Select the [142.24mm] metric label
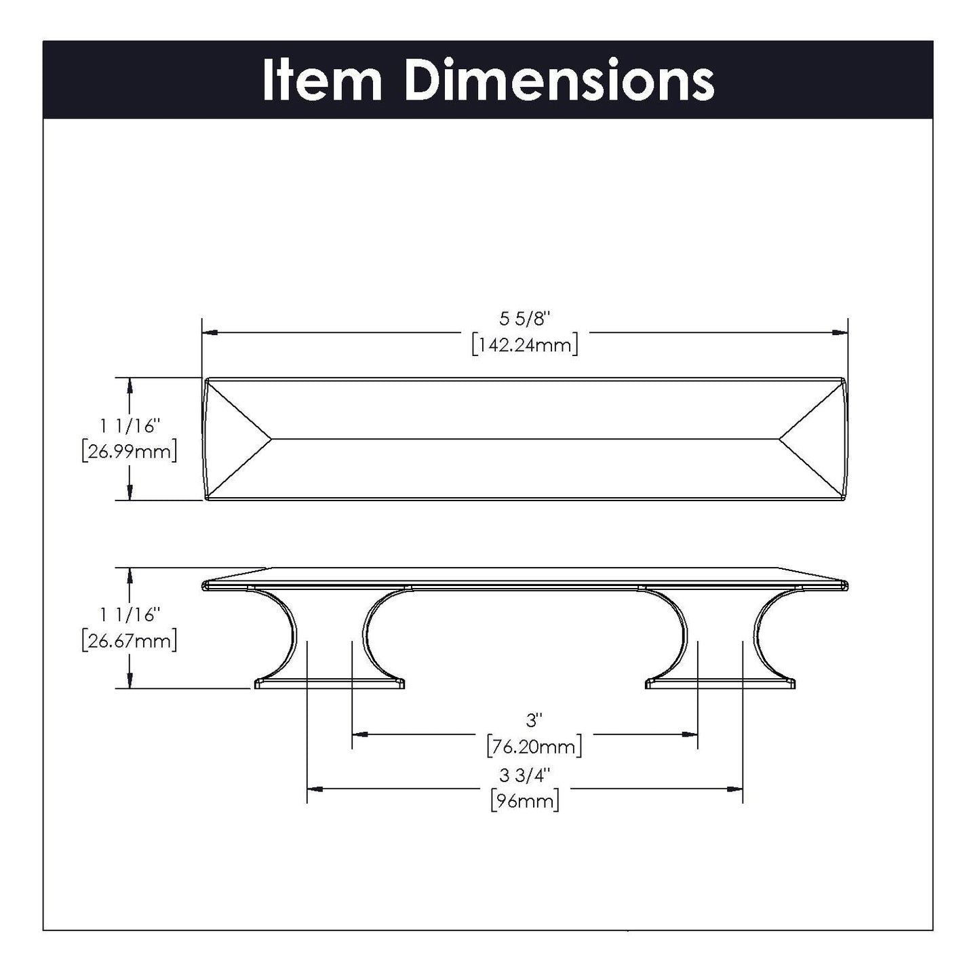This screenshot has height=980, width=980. [524, 345]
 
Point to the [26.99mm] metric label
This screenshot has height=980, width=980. [129, 452]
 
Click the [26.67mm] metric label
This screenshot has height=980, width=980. [129, 640]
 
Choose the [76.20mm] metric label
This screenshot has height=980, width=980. [534, 747]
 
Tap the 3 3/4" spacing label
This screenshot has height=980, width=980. [525, 775]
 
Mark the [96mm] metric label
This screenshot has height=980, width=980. [524, 801]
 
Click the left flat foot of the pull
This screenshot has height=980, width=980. [330, 684]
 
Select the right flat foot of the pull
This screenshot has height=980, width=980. [720, 684]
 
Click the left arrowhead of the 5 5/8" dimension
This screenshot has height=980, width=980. [210, 332]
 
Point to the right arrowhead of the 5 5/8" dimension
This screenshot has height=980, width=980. [840, 332]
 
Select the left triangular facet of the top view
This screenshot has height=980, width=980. [234, 439]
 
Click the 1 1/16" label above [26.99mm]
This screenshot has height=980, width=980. [129, 426]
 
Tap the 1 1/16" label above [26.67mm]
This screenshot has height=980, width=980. [129, 614]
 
